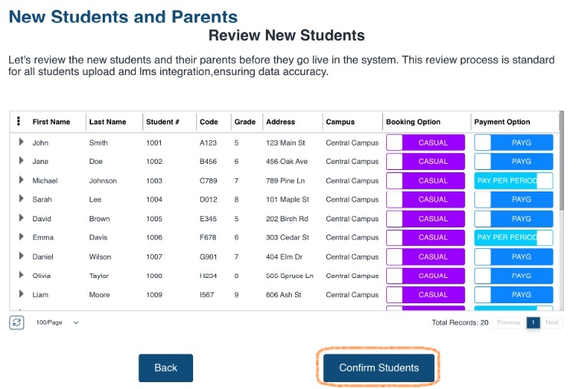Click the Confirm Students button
point(378,368)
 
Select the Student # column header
point(162,122)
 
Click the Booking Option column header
point(413,122)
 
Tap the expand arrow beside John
point(21,142)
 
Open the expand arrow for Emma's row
point(21,237)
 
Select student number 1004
point(154,200)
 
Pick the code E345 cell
point(208,219)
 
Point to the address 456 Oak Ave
point(287,162)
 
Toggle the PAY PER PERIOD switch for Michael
point(513,181)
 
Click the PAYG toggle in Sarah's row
point(513,200)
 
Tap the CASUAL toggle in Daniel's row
point(425,257)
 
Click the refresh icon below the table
point(17,322)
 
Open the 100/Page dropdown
point(57,322)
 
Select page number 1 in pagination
point(533,322)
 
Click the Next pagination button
point(552,322)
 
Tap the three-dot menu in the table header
point(19,122)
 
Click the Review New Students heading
point(287,35)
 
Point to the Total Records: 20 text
point(460,322)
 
